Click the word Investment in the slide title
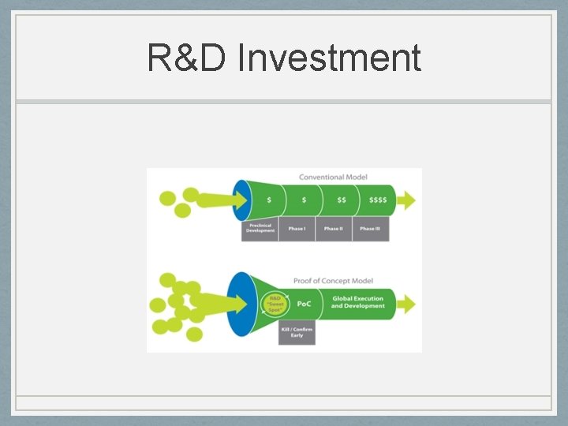(x=329, y=58)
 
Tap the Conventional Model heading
(x=333, y=177)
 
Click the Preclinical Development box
(x=260, y=228)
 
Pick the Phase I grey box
(x=297, y=228)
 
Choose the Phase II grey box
(x=333, y=228)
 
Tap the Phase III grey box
(x=369, y=228)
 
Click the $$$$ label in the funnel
(x=378, y=200)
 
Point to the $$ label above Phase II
(x=342, y=200)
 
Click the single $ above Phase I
(x=304, y=200)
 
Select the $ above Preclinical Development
(x=269, y=200)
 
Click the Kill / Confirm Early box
(x=297, y=332)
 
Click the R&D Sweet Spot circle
(x=275, y=304)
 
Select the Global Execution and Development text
(x=357, y=302)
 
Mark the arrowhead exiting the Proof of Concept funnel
(x=409, y=304)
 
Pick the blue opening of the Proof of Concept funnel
(x=240, y=304)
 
